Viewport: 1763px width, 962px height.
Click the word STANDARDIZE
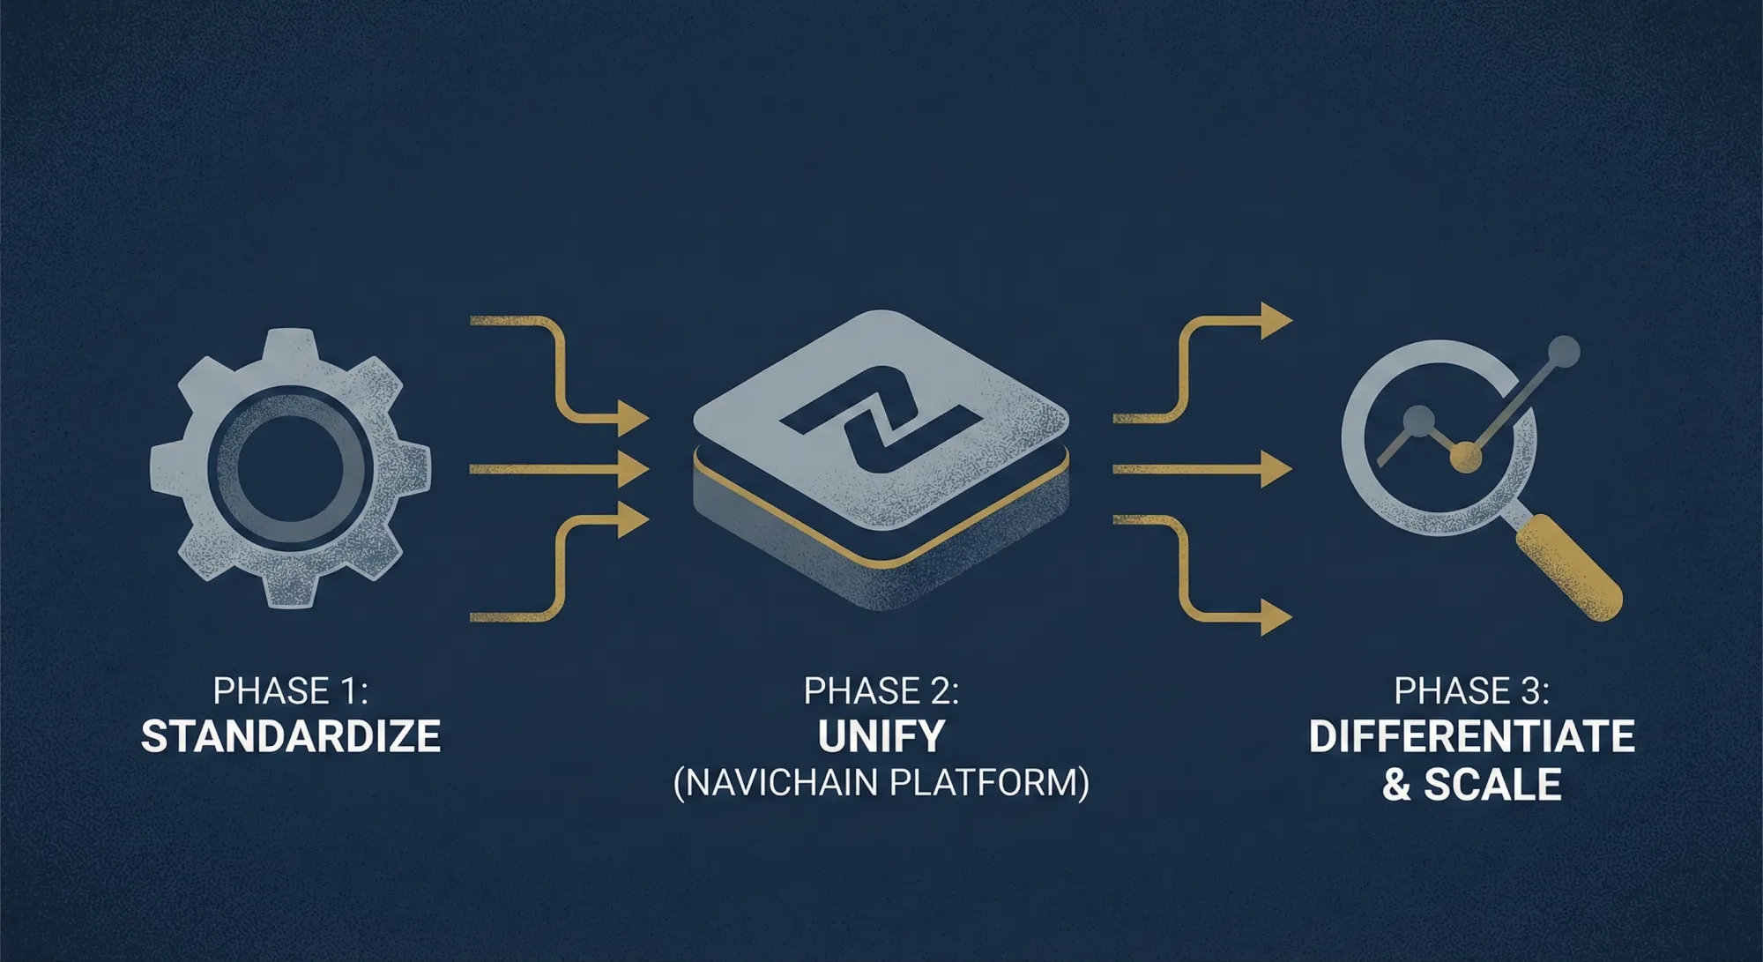coord(291,737)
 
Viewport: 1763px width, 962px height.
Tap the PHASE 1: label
coord(291,691)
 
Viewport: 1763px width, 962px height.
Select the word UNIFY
coord(881,737)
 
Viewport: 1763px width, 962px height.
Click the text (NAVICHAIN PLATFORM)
coord(881,783)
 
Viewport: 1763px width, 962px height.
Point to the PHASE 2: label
coord(881,691)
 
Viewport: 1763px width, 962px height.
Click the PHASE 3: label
coord(1471,691)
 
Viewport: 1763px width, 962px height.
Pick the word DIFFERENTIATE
coord(1471,737)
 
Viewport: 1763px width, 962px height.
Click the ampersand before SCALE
coord(1396,785)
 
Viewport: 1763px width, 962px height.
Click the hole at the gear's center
coord(290,467)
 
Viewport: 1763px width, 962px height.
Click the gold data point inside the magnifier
coord(1465,457)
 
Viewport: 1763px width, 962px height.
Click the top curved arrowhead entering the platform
coord(633,417)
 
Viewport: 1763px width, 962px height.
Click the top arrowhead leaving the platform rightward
coord(1275,321)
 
